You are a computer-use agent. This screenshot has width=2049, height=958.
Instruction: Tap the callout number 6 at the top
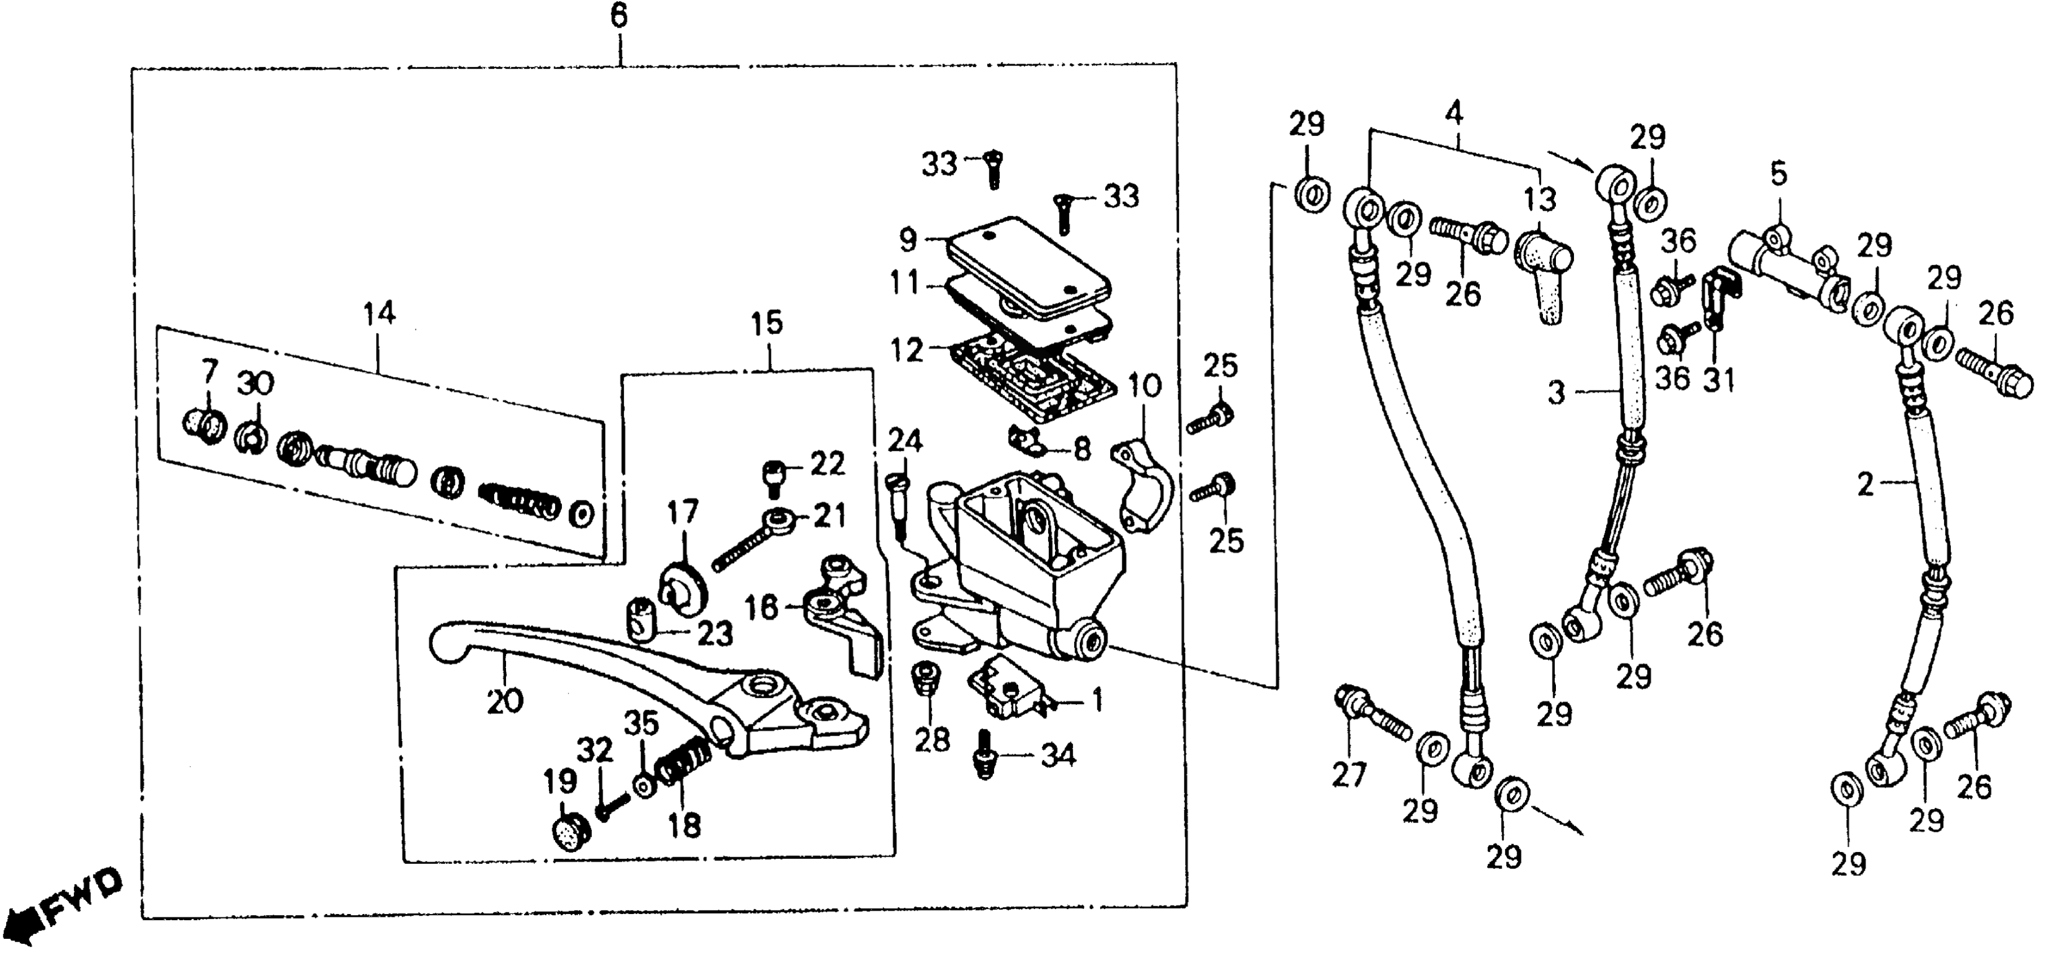click(619, 16)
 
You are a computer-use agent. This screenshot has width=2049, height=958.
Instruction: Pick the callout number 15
click(767, 323)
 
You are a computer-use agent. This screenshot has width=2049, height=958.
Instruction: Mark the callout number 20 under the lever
click(505, 702)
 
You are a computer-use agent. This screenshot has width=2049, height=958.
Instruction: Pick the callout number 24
click(905, 440)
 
